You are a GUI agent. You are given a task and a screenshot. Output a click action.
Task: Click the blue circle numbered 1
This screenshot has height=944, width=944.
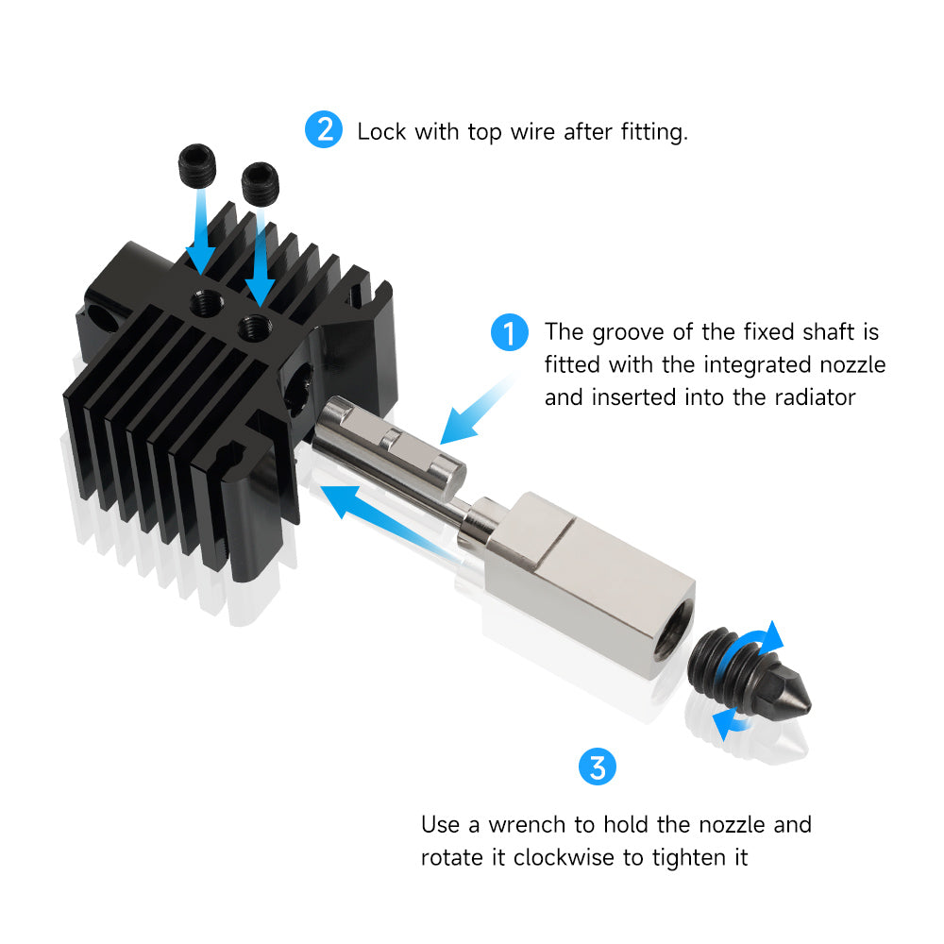coord(510,334)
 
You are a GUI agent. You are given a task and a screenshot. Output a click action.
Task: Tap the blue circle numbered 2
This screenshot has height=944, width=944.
coord(324,129)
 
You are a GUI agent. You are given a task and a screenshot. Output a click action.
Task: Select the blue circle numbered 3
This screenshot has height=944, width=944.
coord(597,766)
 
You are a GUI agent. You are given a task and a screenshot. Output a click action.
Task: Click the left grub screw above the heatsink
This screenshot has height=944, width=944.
coord(197,167)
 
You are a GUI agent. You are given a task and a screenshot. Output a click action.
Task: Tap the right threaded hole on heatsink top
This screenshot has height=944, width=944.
coord(252,329)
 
